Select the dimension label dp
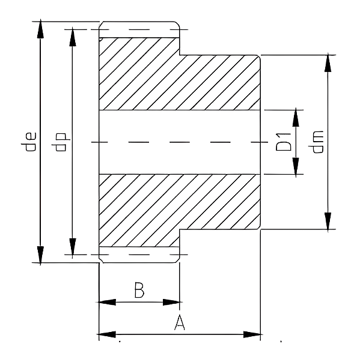pos(61,142)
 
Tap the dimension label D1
pos(284,142)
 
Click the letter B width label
pos(139,290)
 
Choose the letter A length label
pos(180,322)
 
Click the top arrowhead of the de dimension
pos(40,29)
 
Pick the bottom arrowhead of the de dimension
pos(40,255)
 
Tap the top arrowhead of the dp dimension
pos(73,37)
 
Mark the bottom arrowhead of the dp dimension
pos(73,247)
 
